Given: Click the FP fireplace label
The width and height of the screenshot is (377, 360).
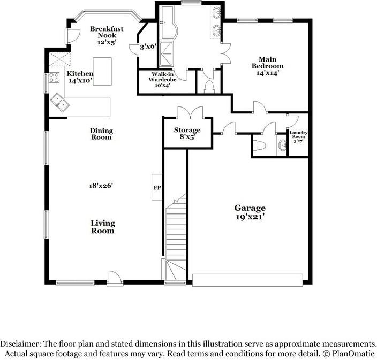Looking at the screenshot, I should click(157, 188).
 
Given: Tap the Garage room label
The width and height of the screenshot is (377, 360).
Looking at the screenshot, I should click(250, 208).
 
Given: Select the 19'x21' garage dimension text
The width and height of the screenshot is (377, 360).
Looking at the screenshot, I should click(250, 217).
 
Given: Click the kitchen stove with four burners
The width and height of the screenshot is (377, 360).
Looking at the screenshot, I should click(54, 78).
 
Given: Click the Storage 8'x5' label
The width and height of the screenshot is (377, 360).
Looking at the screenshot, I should click(187, 133).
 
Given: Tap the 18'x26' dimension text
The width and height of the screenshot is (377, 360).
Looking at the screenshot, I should click(101, 186).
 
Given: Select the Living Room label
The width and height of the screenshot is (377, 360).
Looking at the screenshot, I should click(102, 227).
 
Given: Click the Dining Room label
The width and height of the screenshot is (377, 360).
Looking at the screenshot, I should click(101, 133).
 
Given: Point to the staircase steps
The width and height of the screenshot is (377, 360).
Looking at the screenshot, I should click(175, 231).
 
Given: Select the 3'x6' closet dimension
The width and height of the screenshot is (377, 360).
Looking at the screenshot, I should click(147, 47).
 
